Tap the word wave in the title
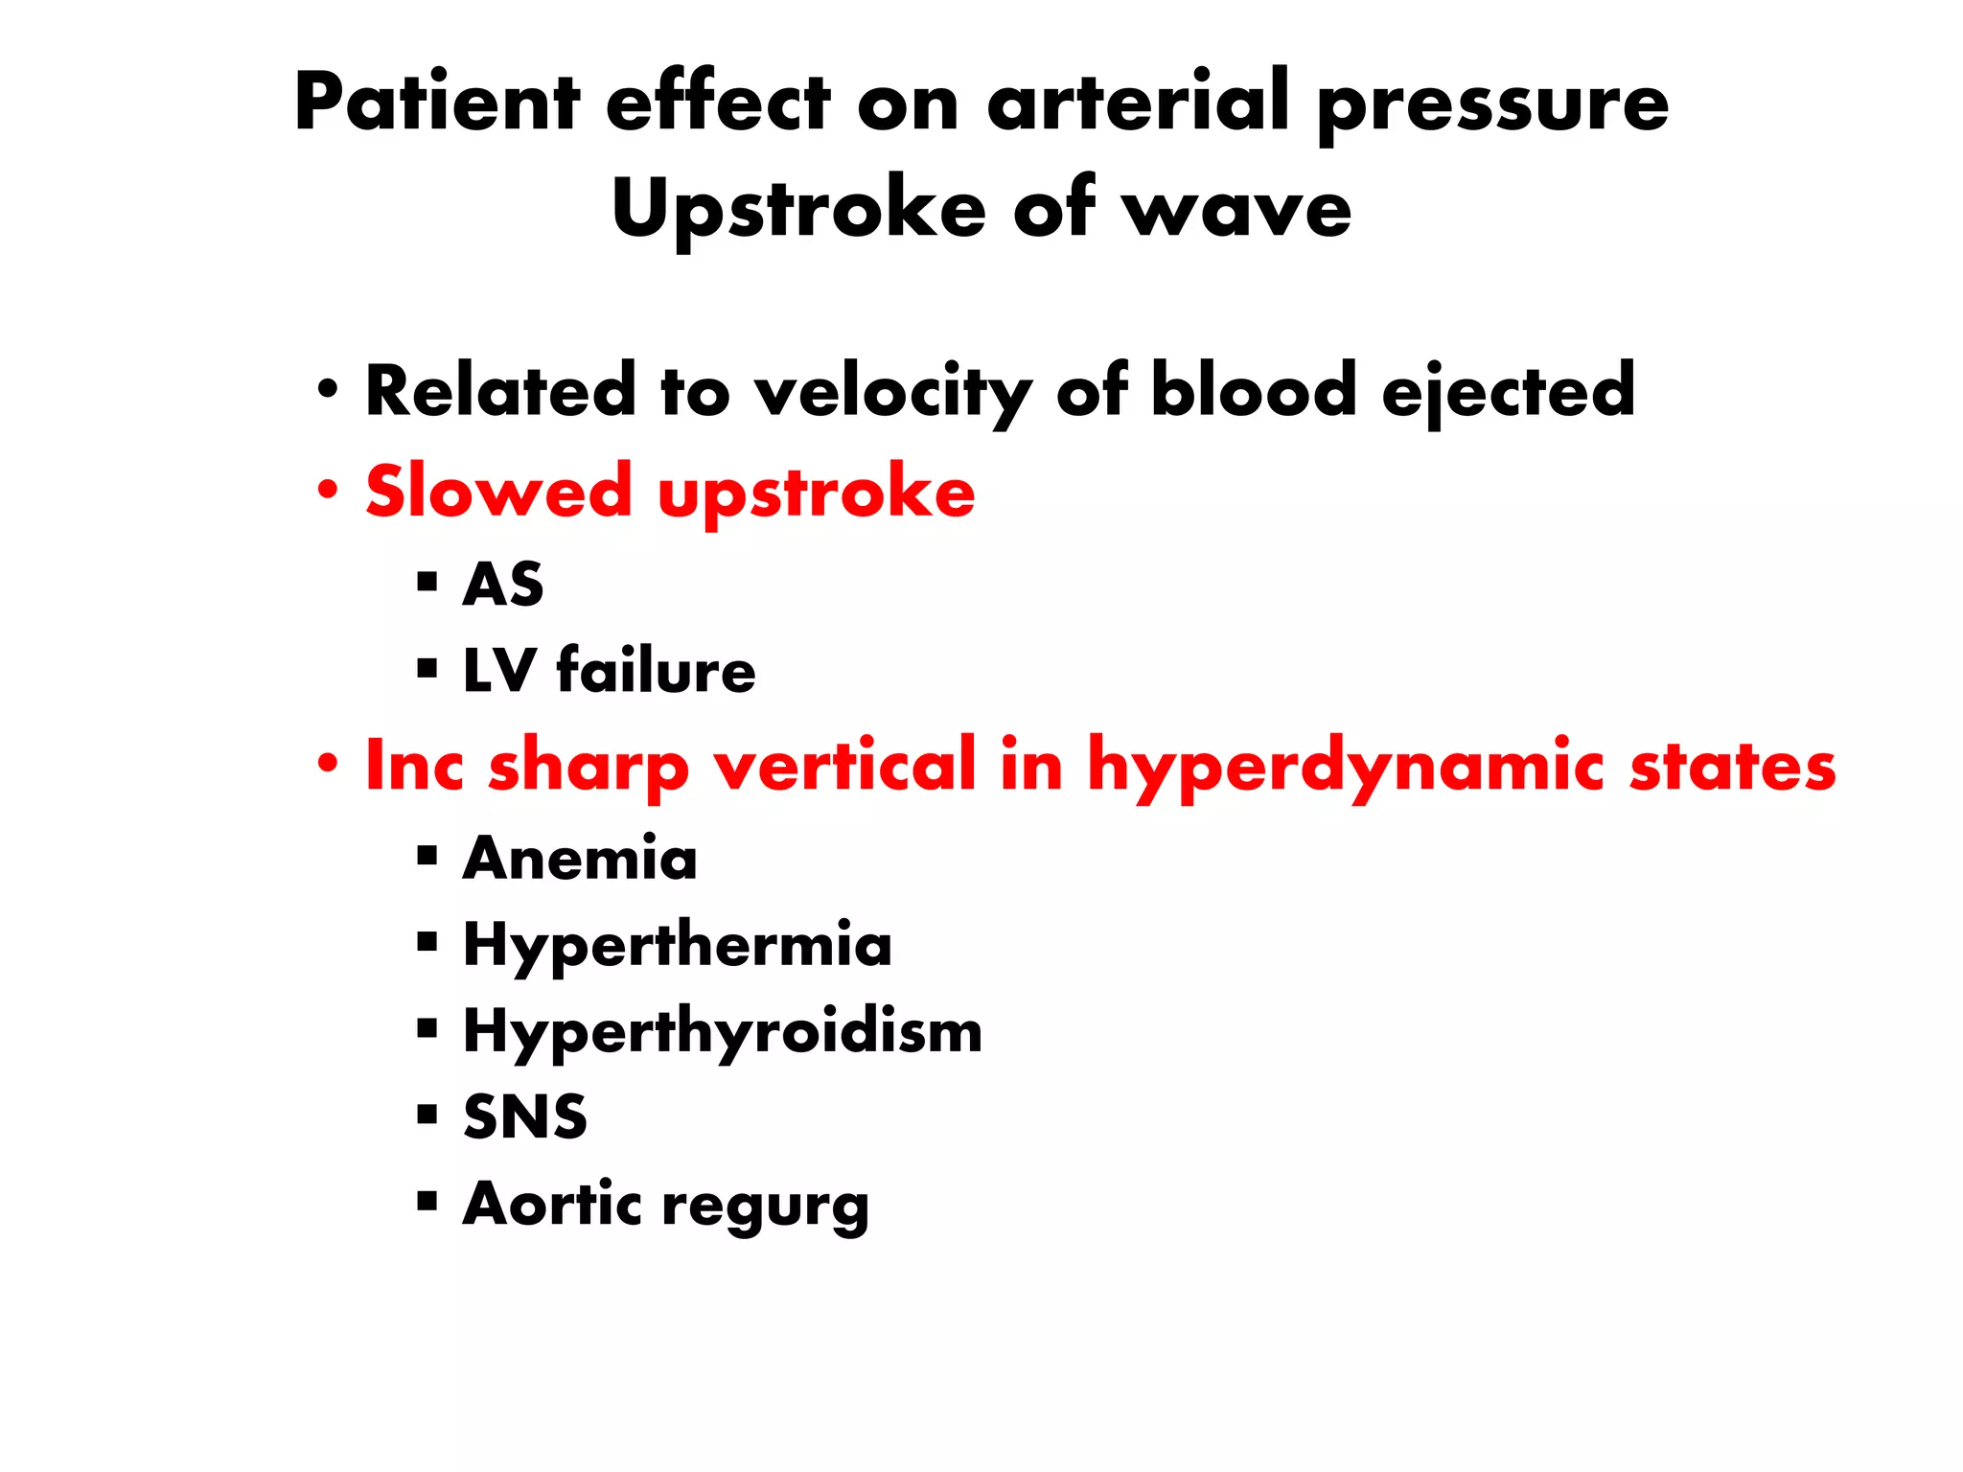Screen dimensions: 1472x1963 coord(1237,209)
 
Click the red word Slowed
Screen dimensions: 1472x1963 coord(498,492)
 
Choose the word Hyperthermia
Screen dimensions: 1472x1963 coord(678,945)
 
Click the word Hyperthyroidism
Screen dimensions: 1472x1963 coord(723,1032)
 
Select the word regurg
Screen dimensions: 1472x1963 coord(766,1206)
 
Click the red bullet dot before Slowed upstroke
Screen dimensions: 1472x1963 coord(329,490)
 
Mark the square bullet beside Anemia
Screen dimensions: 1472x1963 coord(427,855)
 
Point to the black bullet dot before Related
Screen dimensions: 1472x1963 coord(329,390)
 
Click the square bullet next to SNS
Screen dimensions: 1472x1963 coord(427,1114)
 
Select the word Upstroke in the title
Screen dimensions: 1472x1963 coord(798,209)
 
